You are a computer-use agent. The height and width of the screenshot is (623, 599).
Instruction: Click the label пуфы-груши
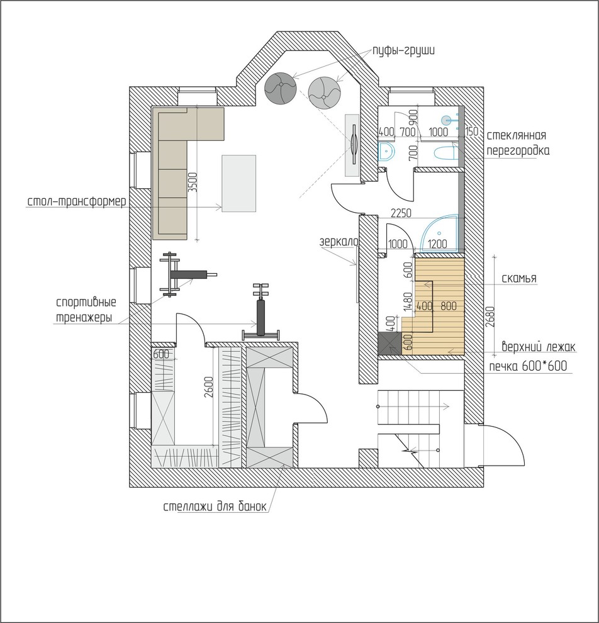[x=403, y=51]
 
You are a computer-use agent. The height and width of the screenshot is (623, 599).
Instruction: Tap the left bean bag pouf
[x=281, y=88]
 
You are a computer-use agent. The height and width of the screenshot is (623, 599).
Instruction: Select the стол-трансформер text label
[x=77, y=201]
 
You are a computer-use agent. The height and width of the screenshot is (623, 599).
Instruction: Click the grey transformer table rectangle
[x=238, y=184]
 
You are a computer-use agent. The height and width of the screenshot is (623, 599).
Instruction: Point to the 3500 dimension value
[x=193, y=182]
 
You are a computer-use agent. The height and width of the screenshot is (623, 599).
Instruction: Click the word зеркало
[x=339, y=242]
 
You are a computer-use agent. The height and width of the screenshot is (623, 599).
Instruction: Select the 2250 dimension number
[x=401, y=213]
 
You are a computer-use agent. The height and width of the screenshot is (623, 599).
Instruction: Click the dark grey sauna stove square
[x=389, y=343]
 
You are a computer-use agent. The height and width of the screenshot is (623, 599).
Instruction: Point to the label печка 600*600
[x=527, y=366]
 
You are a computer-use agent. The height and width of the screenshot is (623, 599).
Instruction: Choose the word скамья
[x=518, y=278]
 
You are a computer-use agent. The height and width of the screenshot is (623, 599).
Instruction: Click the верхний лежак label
[x=538, y=347]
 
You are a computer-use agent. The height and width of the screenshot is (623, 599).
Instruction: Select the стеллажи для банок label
[x=215, y=507]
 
